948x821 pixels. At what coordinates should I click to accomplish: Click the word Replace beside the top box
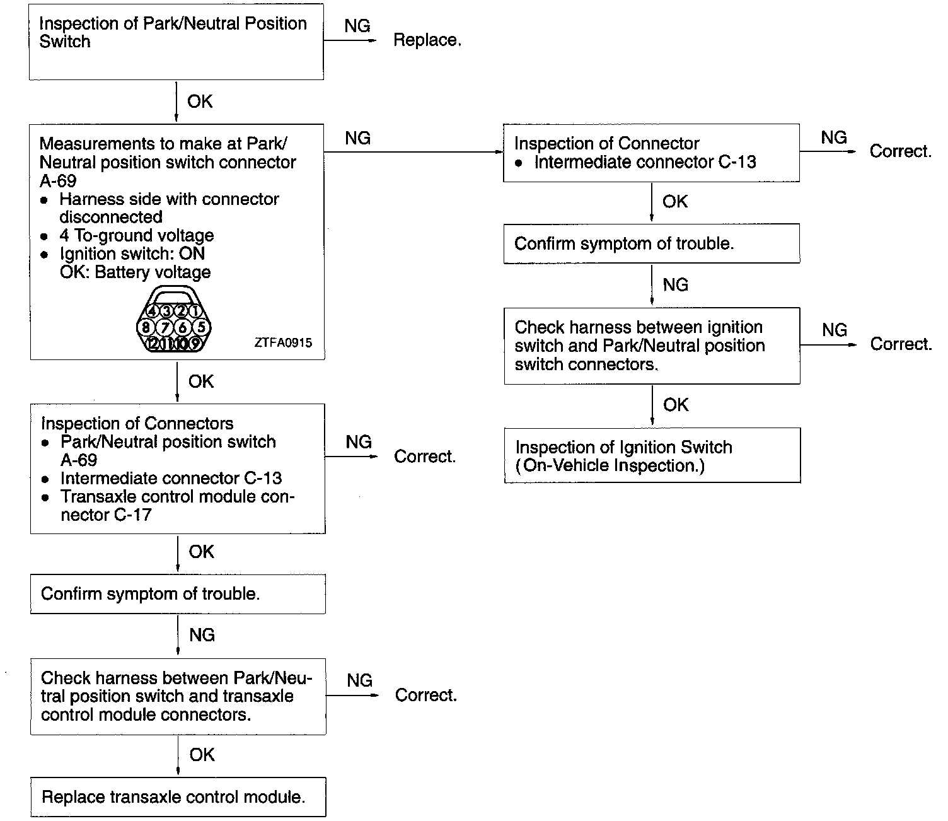coord(427,40)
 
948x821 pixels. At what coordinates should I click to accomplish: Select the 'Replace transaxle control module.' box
coord(178,797)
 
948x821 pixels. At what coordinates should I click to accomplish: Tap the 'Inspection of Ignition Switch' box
coord(652,456)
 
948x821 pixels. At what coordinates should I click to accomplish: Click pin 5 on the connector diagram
coord(201,327)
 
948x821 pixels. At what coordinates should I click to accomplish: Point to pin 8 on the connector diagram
coord(146,327)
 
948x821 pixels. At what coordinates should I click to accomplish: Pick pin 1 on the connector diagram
coord(195,311)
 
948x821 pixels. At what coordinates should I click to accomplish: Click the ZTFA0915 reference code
coord(283,343)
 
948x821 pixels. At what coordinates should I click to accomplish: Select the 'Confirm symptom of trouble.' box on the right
coord(651,243)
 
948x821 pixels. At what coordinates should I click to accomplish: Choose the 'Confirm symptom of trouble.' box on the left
coord(178,594)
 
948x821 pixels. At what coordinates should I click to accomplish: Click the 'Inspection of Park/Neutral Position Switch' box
coord(176,42)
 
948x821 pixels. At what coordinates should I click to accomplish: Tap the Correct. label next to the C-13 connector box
coord(900,152)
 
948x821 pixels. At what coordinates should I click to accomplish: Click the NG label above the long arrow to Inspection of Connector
coord(357,139)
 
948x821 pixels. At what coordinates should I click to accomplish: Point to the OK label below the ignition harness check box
coord(676,405)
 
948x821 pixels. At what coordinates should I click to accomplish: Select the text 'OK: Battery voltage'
coord(135,272)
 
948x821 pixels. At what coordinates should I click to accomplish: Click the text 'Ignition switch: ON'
coord(132,254)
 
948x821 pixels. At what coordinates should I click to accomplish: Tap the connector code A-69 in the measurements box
coord(58,181)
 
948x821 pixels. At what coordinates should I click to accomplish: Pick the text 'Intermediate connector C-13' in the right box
coord(645,162)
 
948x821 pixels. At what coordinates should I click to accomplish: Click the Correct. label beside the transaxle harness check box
coord(425,696)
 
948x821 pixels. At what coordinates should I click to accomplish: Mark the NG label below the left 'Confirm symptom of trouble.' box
coord(202,635)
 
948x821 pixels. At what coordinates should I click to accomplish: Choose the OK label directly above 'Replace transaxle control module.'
coord(202,755)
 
